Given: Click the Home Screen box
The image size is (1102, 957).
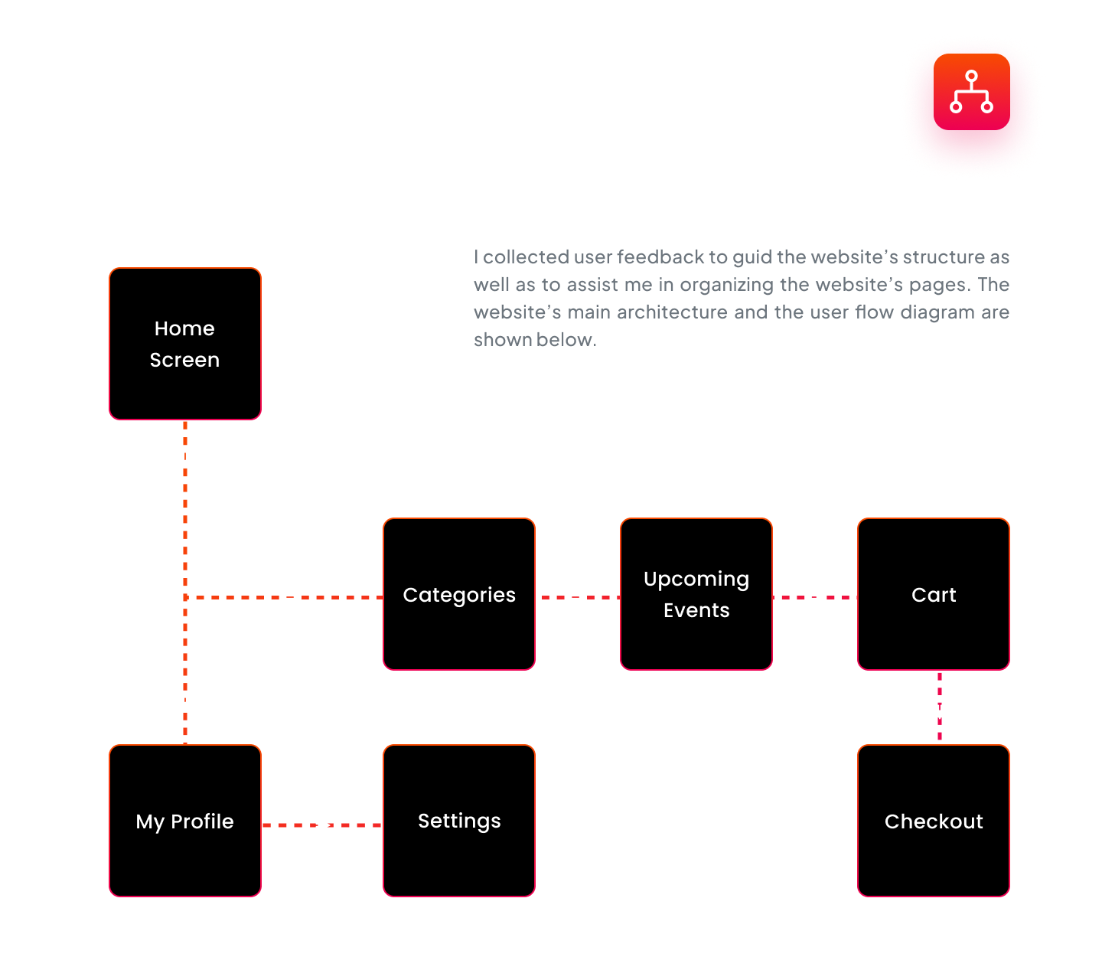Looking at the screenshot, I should (185, 344).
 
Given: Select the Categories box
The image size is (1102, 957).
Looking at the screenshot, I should (459, 594).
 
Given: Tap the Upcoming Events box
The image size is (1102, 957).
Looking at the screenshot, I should (696, 594).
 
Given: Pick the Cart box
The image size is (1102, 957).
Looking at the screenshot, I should (934, 594).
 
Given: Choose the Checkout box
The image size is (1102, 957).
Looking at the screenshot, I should (934, 821).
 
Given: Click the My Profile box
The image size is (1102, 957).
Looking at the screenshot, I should (185, 821).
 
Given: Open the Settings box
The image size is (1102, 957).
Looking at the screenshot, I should (459, 821).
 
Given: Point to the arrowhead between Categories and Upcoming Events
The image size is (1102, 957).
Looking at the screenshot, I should (578, 597).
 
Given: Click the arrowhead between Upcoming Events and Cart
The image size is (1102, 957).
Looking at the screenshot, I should (815, 597).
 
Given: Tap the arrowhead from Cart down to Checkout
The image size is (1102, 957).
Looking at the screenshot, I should (940, 710).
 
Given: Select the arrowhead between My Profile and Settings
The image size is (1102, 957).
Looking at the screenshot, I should (322, 825).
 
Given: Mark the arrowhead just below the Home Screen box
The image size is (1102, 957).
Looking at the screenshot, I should (185, 458).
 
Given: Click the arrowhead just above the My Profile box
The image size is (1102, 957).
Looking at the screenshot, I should (185, 700).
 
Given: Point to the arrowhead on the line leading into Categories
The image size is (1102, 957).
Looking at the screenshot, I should (292, 597).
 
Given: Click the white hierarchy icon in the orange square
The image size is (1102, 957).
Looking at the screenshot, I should (971, 92).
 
